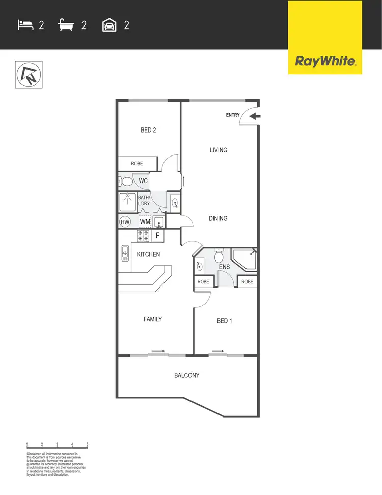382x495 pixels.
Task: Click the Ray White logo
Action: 325,61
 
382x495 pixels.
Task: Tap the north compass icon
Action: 29,74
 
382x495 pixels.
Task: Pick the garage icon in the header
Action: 109,24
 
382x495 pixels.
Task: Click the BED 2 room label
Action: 148,131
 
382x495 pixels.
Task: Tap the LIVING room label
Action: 218,150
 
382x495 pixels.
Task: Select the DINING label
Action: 218,218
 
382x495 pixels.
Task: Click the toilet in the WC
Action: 125,181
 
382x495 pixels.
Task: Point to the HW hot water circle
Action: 125,222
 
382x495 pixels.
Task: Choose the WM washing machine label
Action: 145,222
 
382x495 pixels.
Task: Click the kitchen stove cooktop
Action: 143,236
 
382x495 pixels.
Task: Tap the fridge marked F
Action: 158,236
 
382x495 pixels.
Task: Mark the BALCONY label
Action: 187,375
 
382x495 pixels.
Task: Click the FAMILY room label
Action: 152,319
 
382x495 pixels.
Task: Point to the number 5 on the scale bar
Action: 88,445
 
